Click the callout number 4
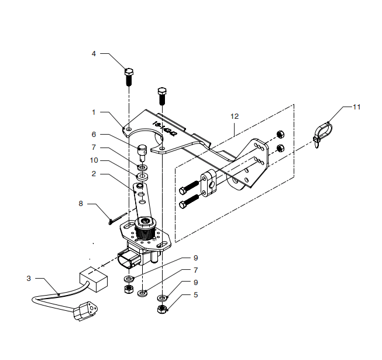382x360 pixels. click(x=94, y=54)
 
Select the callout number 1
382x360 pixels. click(x=94, y=111)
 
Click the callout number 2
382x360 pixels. click(x=94, y=174)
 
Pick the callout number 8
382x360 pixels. click(x=81, y=204)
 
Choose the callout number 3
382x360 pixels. click(x=28, y=279)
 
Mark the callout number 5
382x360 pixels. click(x=195, y=295)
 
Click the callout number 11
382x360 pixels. click(x=357, y=107)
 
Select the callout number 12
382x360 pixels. click(x=235, y=116)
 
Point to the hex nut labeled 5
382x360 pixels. click(x=163, y=310)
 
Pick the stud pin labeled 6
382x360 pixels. click(x=143, y=152)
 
